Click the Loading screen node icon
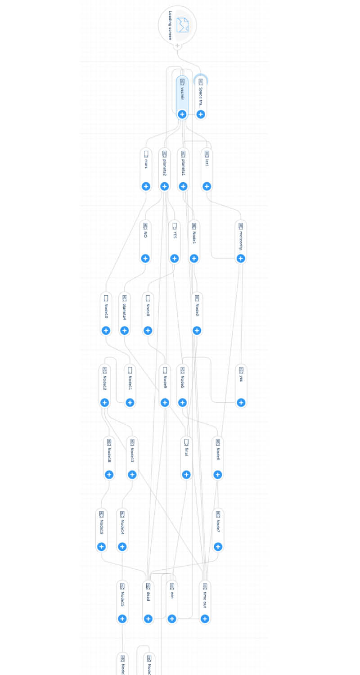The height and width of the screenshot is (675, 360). (x=182, y=25)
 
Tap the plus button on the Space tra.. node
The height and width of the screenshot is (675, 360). (x=201, y=114)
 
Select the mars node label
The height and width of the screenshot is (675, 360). (x=146, y=166)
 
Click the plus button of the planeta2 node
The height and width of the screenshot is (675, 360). (x=164, y=186)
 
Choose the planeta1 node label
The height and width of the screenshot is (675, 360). (x=183, y=167)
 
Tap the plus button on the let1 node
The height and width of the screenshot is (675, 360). (x=207, y=186)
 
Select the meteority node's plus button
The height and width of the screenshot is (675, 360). (x=241, y=258)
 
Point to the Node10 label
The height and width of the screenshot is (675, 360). (x=106, y=310)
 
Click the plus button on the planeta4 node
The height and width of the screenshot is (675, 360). (x=125, y=331)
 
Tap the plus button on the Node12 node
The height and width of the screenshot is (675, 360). (x=105, y=403)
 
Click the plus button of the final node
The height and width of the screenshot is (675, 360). (x=186, y=475)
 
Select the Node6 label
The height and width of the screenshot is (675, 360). (x=218, y=454)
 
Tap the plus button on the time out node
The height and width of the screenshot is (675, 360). (x=205, y=619)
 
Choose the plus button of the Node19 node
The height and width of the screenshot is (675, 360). (x=102, y=547)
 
